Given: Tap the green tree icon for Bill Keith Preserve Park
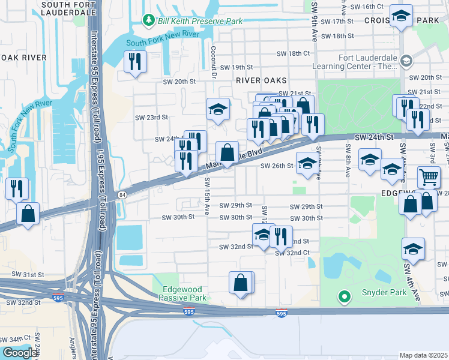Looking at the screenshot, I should (x=148, y=21).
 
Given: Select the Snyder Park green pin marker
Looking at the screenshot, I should (x=344, y=296).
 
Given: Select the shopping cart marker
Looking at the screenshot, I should (x=429, y=177).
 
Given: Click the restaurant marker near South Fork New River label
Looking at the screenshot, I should (x=135, y=61).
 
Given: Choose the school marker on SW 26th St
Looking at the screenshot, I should (x=307, y=164).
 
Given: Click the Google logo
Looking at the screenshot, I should (x=20, y=353).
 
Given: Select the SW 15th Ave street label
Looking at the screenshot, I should (x=207, y=196).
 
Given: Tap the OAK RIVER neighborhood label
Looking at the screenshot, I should (x=25, y=58).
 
